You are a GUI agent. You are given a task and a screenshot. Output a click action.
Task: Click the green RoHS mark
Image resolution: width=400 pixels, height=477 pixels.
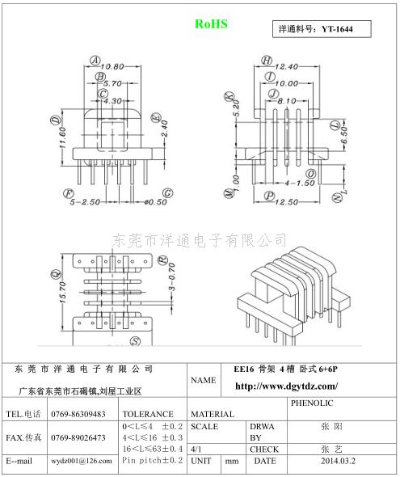click(211, 24)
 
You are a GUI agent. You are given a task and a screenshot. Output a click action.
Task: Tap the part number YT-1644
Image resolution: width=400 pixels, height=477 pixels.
click(337, 29)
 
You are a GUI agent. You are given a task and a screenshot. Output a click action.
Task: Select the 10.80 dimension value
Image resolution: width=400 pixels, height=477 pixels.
click(112, 66)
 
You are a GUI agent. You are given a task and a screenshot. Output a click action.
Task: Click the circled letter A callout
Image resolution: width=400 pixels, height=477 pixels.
click(95, 61)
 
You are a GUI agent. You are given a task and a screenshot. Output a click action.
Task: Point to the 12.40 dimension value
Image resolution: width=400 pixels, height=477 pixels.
click(287, 66)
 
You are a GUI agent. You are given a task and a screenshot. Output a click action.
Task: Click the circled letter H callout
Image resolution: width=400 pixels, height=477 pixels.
click(267, 61)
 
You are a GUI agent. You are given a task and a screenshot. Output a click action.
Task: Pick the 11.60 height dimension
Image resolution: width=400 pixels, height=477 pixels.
click(62, 137)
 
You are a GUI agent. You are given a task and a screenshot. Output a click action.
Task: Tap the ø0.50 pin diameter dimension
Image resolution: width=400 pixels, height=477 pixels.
click(156, 201)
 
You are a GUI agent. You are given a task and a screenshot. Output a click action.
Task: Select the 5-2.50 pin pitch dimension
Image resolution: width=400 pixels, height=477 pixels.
click(85, 201)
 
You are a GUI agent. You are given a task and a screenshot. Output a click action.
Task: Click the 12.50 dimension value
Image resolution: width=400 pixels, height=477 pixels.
click(286, 201)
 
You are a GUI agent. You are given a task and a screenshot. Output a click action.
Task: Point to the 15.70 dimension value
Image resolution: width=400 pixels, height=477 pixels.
click(62, 292)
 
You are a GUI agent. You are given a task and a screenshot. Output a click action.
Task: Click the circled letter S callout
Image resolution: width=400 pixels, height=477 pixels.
click(135, 341)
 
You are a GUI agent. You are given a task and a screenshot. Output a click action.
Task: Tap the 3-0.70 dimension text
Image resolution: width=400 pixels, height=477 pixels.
click(172, 276)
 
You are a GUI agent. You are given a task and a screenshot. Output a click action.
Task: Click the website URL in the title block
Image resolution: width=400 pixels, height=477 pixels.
click(286, 386)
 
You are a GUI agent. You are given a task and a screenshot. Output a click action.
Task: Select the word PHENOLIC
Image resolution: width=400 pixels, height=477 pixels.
click(312, 403)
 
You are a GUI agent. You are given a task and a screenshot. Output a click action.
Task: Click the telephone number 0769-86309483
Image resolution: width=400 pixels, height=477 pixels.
click(78, 414)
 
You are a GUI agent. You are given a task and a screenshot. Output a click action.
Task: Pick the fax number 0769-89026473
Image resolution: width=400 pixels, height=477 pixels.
click(78, 437)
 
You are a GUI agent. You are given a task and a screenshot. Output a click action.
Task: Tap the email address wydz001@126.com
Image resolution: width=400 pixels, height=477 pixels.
click(81, 461)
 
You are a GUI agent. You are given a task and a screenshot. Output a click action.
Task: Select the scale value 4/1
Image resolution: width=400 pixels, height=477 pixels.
click(196, 450)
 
